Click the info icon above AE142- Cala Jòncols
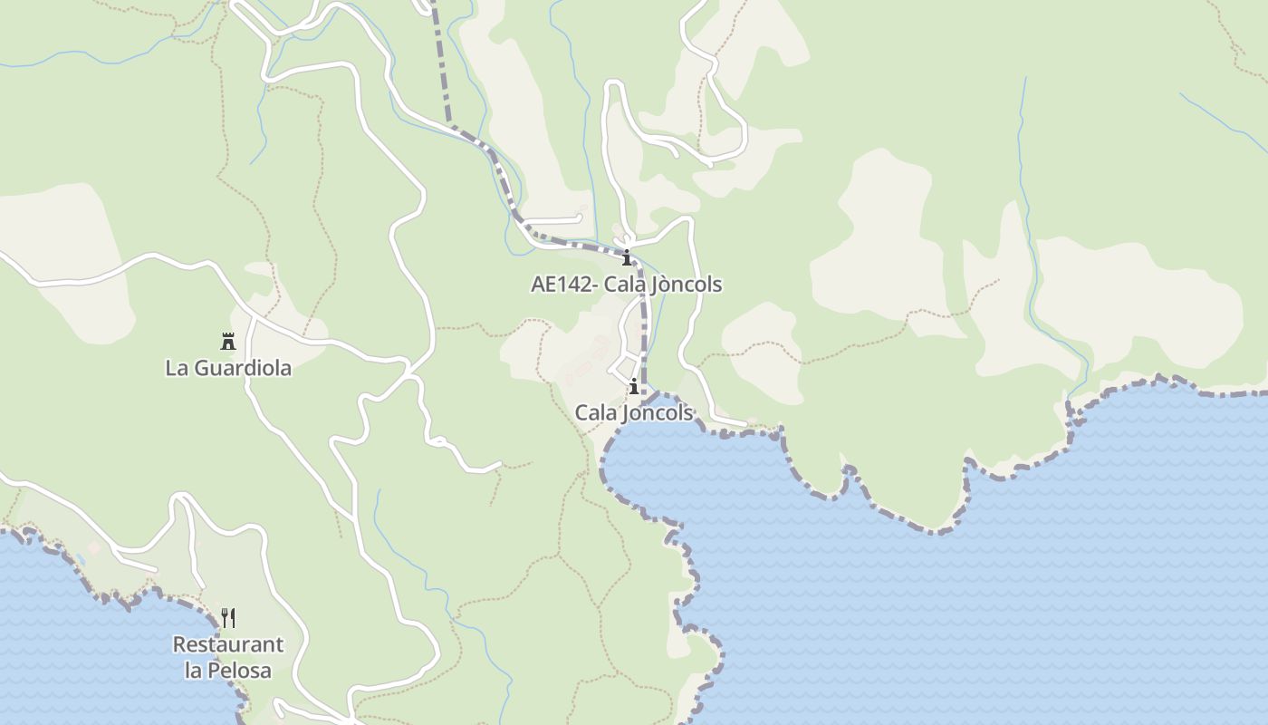[x=626, y=257]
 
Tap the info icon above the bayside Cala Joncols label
[x=634, y=387]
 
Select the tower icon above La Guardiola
[x=228, y=342]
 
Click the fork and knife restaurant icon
[x=228, y=618]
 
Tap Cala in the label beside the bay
[x=594, y=413]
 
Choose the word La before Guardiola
[x=176, y=369]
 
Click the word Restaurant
[x=228, y=645]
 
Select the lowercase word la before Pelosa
[x=193, y=671]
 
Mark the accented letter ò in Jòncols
[x=667, y=285]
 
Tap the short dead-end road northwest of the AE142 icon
[x=554, y=219]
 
